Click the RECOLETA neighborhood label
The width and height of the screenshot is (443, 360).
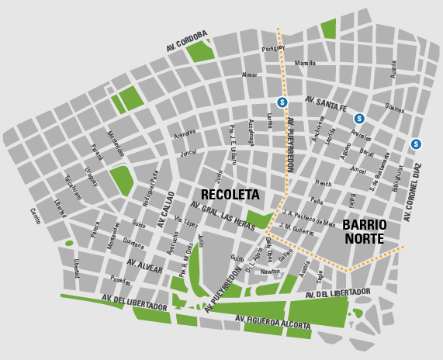[230, 195]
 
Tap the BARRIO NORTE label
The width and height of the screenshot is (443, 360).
[364, 231]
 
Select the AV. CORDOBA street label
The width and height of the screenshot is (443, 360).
[187, 41]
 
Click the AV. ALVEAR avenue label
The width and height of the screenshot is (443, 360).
[145, 266]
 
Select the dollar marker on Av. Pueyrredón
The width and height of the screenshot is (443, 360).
[282, 102]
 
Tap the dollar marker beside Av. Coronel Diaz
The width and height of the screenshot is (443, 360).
[417, 144]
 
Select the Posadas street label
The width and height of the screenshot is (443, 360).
[120, 280]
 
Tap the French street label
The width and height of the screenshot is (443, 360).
[324, 183]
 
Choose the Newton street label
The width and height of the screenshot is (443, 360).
[270, 272]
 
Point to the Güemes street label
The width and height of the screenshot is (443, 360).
[394, 109]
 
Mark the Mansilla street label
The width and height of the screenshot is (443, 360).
[306, 63]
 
